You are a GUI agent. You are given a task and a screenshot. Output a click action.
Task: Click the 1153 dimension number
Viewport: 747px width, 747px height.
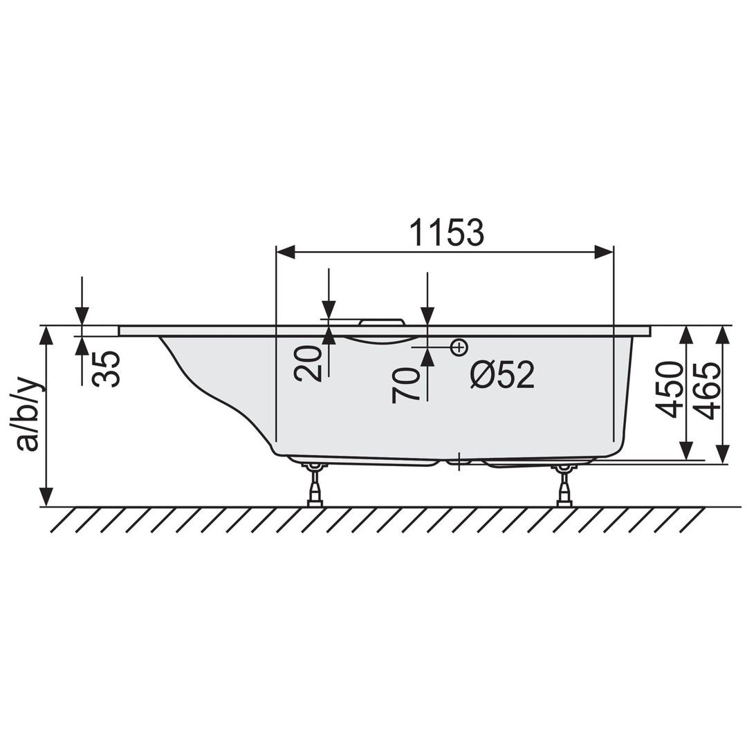(x=447, y=233)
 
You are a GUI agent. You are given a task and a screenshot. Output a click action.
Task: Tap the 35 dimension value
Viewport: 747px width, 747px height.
(x=106, y=368)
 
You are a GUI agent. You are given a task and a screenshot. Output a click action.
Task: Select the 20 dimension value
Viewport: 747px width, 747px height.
(x=307, y=363)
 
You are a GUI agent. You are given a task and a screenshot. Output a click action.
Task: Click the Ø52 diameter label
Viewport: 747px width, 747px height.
(x=502, y=374)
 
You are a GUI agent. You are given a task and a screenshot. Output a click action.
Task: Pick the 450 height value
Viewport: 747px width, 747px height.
(x=669, y=389)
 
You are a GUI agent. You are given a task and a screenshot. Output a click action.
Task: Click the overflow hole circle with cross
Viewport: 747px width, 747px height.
(x=459, y=348)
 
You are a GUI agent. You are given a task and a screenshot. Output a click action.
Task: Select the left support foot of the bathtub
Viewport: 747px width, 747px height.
(x=315, y=484)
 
